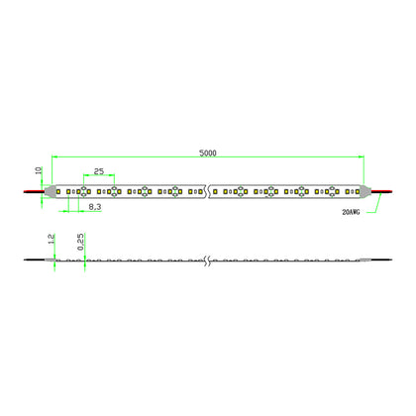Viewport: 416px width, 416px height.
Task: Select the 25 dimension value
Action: coord(98,171)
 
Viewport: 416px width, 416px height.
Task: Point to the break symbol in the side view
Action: coord(208,262)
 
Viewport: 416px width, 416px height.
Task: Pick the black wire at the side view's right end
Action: coord(379,262)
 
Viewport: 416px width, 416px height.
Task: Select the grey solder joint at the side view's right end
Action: coord(366,262)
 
